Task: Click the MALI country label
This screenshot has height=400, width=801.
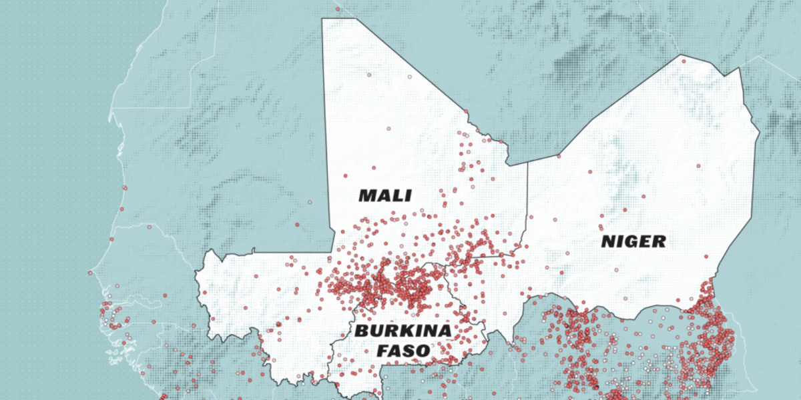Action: click(385, 195)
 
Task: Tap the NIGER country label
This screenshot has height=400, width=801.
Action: click(633, 241)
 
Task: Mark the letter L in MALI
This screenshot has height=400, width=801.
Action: click(400, 195)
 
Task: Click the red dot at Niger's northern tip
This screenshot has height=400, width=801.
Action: click(684, 61)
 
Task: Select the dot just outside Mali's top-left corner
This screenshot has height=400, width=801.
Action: click(338, 9)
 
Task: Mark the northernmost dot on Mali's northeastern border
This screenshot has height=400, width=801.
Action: click(465, 111)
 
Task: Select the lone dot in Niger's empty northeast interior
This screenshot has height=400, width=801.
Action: click(698, 165)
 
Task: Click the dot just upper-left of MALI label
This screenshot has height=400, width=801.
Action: click(345, 176)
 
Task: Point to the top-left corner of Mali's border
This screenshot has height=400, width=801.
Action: click(322, 19)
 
